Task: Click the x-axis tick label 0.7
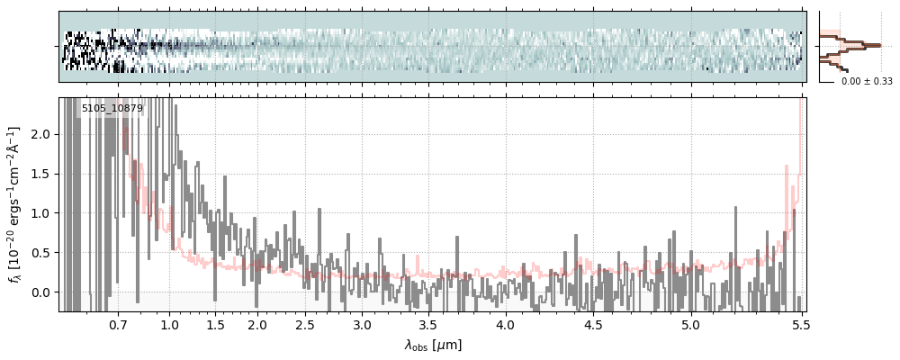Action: pos(118,325)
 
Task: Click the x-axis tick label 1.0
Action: pos(169,325)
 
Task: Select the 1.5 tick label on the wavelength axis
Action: pos(216,325)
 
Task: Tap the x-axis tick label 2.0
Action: pos(257,325)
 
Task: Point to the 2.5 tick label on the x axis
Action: pos(305,325)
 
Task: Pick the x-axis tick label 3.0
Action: pos(362,325)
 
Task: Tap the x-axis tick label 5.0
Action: pos(690,325)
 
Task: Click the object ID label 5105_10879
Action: pos(112,109)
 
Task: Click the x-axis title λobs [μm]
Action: pos(433,345)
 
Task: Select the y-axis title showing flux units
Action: pos(15,205)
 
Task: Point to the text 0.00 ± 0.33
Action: pos(867,82)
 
